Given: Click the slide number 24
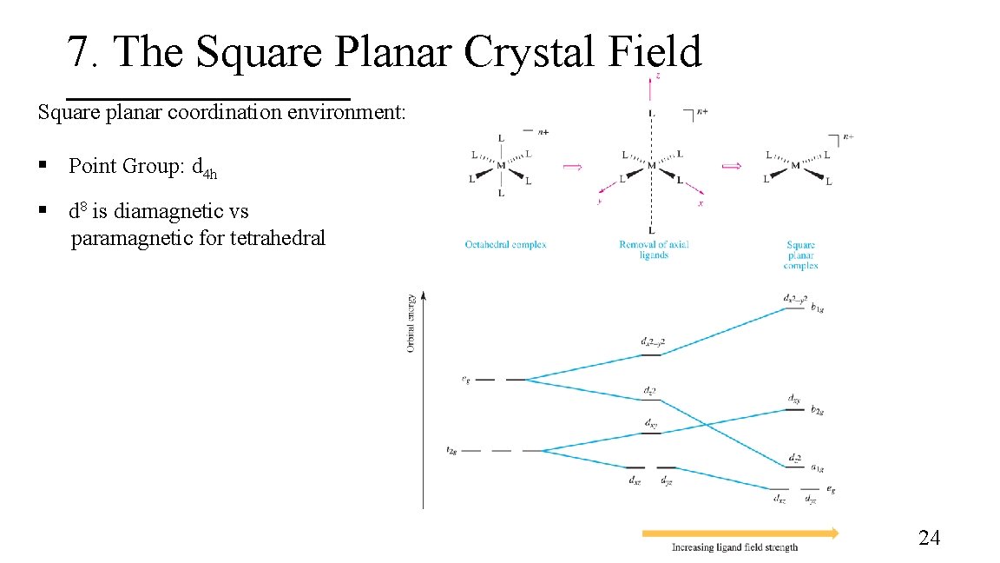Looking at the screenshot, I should tap(929, 539).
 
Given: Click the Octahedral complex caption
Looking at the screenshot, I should tap(505, 245).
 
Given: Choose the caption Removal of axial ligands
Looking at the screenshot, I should tap(654, 249).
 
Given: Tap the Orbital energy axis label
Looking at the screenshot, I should tap(410, 323).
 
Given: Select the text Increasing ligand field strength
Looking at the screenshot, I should tap(734, 547).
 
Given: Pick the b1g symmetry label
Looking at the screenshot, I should tap(817, 307).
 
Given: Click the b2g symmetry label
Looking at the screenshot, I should tap(817, 408).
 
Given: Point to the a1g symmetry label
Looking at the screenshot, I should tap(817, 467).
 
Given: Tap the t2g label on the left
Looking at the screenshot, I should tap(451, 450).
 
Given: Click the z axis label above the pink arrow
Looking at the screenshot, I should tap(657, 76).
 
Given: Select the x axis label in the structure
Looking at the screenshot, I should tap(701, 203).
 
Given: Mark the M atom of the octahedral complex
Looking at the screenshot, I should tap(501, 165).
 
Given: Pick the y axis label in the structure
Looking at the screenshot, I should tap(600, 202).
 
